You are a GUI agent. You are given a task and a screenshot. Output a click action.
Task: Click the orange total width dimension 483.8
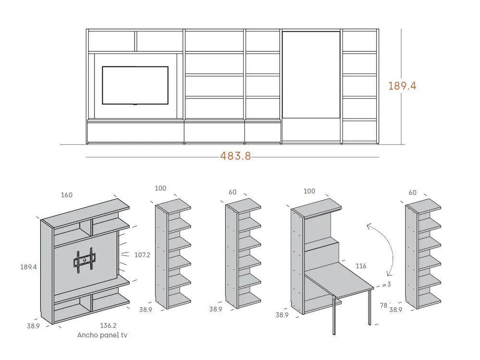click(235, 156)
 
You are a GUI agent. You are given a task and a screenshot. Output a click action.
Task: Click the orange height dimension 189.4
click(402, 86)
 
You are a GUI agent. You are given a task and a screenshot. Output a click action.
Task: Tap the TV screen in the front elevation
click(135, 85)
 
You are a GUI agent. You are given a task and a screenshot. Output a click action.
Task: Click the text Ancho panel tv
click(102, 335)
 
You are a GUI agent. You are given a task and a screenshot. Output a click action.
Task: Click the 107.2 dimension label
click(143, 255)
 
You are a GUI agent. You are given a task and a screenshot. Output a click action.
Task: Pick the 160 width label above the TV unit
click(67, 195)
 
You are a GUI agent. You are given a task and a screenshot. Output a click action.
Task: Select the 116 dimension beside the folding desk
click(362, 266)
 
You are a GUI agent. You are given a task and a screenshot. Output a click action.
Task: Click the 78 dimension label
click(384, 305)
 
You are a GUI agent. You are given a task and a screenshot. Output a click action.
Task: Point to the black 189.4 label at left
click(28, 267)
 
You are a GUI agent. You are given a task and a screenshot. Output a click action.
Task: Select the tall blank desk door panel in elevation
click(311, 74)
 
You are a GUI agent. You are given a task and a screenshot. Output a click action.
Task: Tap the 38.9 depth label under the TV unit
click(33, 326)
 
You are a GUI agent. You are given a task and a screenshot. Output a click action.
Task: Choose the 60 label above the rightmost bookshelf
click(412, 192)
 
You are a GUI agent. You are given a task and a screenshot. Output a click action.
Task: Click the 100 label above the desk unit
click(310, 191)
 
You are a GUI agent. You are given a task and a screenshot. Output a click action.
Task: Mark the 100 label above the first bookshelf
click(160, 189)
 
